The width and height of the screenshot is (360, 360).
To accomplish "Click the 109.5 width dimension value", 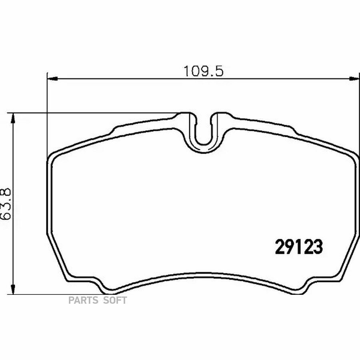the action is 204,71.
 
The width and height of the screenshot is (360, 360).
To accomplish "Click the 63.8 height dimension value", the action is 6,204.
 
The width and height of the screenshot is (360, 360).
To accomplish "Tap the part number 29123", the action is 299,247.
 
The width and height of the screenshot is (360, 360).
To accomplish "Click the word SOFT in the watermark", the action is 115,300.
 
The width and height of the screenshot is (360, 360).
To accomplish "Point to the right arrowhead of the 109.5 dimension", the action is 354,79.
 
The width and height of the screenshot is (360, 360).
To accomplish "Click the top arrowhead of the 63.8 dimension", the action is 13,118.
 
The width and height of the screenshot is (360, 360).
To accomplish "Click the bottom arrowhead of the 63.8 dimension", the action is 13,288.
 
